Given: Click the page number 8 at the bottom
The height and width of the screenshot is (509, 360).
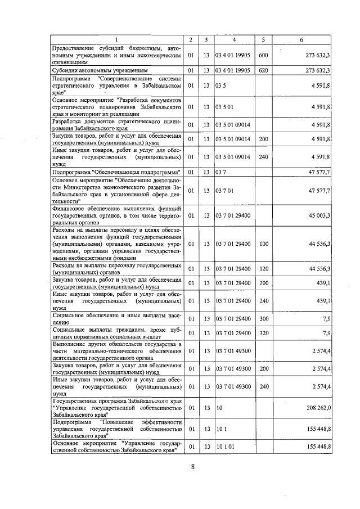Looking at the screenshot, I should click(x=192, y=466).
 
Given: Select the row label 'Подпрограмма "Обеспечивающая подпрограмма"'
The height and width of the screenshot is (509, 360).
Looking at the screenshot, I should click(x=116, y=172).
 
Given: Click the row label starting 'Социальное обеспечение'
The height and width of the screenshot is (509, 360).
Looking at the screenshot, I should click(x=116, y=319).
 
